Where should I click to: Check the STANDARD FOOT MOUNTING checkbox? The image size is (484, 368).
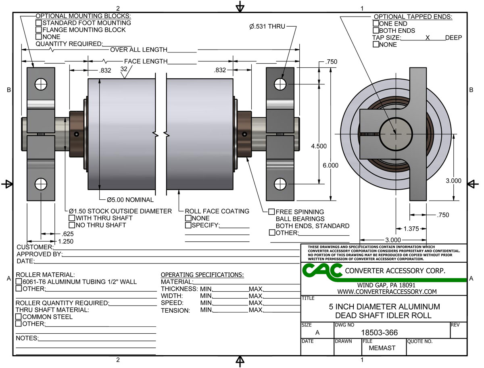pyautogui.click(x=39, y=23)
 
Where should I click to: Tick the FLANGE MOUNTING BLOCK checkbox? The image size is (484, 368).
pyautogui.click(x=39, y=30)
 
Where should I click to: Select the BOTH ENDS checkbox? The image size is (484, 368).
pyautogui.click(x=376, y=31)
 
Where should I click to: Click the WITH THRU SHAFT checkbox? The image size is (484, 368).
pyautogui.click(x=72, y=218)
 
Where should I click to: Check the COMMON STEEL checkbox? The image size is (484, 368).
pyautogui.click(x=19, y=317)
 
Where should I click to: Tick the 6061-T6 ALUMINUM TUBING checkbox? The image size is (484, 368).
pyautogui.click(x=19, y=282)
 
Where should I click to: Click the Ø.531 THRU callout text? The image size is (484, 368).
pyautogui.click(x=267, y=27)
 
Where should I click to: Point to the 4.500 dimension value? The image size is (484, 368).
pyautogui.click(x=319, y=146)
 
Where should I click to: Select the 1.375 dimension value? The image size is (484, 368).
pyautogui.click(x=411, y=229)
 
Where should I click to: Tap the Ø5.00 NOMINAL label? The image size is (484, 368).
pyautogui.click(x=130, y=199)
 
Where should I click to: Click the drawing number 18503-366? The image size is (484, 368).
pyautogui.click(x=379, y=333)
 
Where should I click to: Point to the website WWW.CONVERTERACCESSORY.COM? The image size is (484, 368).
pyautogui.click(x=387, y=291)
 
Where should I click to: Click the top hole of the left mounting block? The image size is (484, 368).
pyautogui.click(x=41, y=84)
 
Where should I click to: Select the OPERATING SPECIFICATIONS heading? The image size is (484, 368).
pyautogui.click(x=202, y=275)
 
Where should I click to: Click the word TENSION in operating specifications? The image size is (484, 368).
pyautogui.click(x=175, y=310)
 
